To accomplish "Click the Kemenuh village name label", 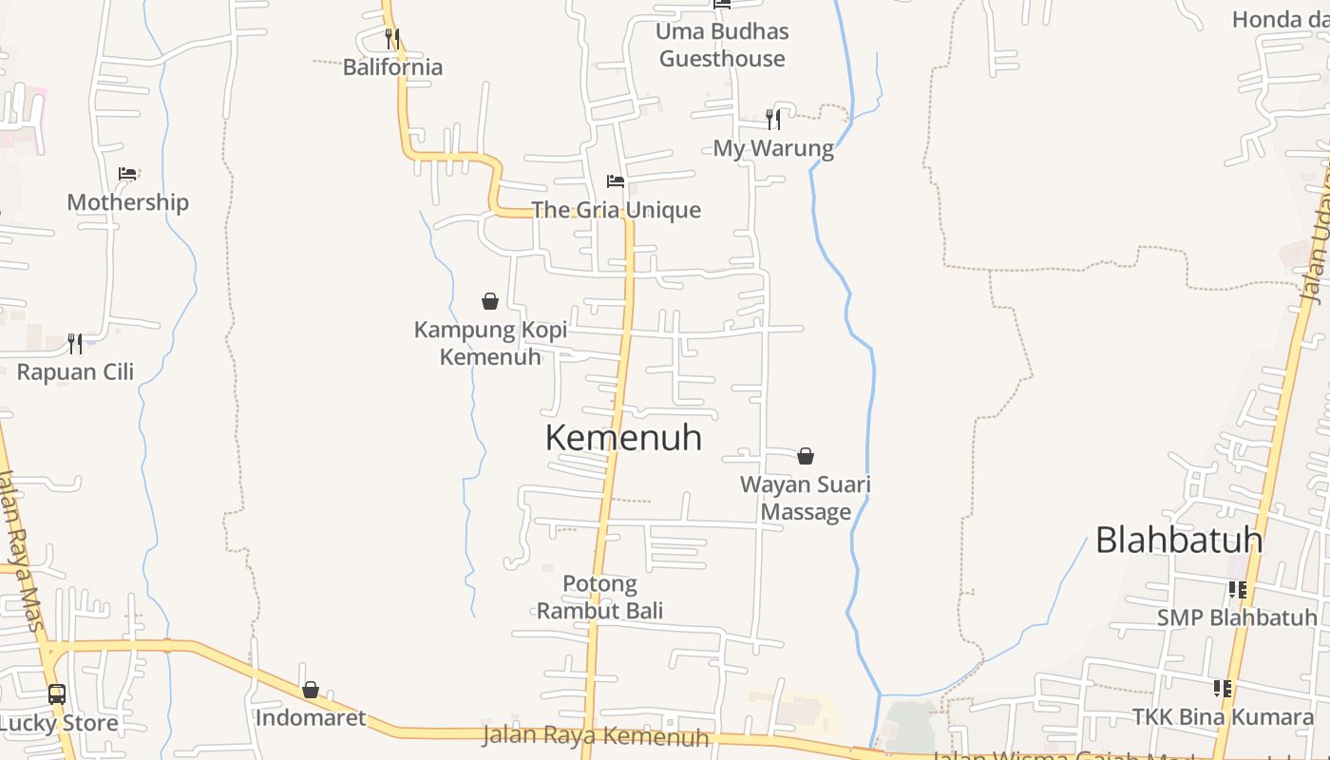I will pos(623,438).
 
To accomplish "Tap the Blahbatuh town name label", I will pos(1179,540).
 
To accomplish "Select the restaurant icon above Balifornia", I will pos(391,38).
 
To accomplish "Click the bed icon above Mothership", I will pos(127,173).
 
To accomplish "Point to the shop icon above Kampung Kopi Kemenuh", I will pos(490,301).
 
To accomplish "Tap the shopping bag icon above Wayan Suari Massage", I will pos(806,456).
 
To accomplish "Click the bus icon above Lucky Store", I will pos(57,693).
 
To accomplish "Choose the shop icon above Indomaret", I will pos(311,690).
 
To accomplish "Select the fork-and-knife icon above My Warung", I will pos(773,119).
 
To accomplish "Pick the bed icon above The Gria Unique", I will pos(616,180).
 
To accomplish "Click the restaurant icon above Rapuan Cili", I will pos(75,343).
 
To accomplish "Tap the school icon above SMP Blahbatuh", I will pos(1237,590).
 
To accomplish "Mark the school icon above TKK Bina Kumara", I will pos(1223,688).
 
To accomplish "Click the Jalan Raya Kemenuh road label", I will pos(596,735).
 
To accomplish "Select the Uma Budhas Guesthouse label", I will pos(722,45).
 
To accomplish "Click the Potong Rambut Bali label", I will pos(599,597).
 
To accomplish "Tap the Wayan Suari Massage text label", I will pos(806,498).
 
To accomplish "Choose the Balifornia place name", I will pos(392,67).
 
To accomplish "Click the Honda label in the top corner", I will pos(1279,19).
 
